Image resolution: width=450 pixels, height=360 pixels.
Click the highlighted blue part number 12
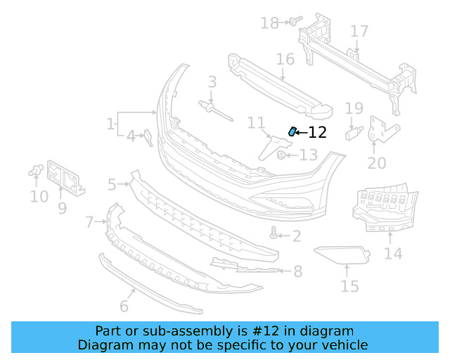pyautogui.click(x=292, y=131)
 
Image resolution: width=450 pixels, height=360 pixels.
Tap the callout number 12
pyautogui.click(x=318, y=132)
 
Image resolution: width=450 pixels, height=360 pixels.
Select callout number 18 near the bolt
pyautogui.click(x=269, y=23)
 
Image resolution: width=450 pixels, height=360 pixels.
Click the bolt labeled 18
pyautogui.click(x=292, y=22)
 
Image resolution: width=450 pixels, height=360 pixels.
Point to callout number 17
pyautogui.click(x=359, y=32)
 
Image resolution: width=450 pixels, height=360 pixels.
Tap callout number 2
pyautogui.click(x=297, y=236)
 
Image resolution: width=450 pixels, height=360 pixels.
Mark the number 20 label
pyautogui.click(x=377, y=163)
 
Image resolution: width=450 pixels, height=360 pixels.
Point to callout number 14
pyautogui.click(x=393, y=253)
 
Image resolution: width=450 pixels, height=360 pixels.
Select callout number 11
pyautogui.click(x=256, y=124)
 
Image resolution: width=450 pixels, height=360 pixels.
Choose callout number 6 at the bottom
pyautogui.click(x=124, y=306)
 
